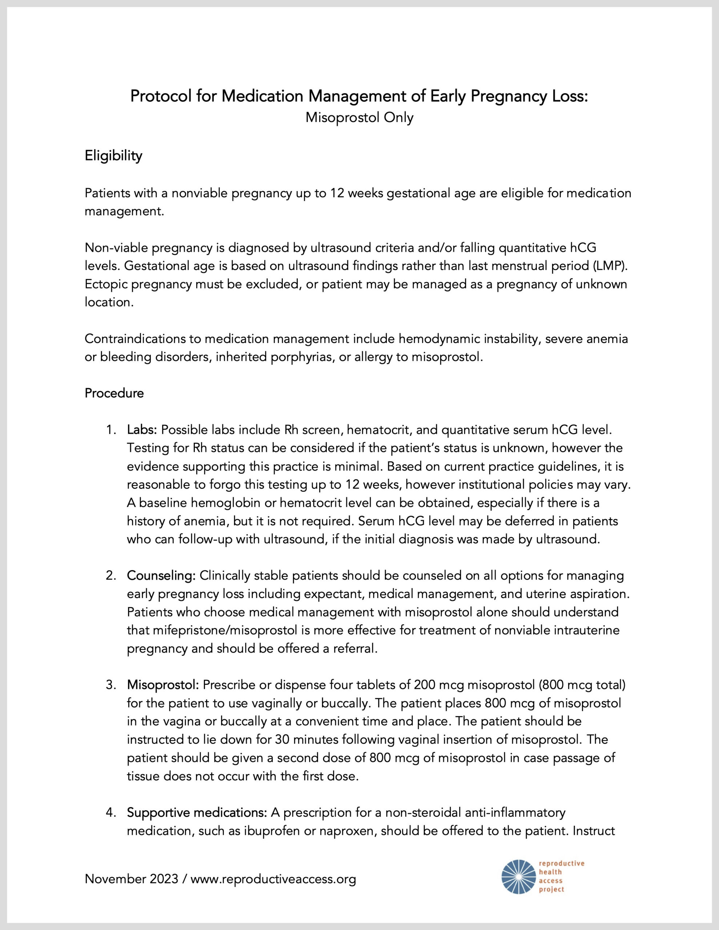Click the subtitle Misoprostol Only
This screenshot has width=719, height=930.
(x=359, y=118)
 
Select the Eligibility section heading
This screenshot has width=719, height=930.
(x=113, y=156)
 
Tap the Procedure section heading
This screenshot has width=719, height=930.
(x=114, y=393)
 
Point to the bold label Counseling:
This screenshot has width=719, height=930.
(x=161, y=576)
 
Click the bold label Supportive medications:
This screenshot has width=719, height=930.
(x=197, y=813)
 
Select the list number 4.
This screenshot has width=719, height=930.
(x=111, y=813)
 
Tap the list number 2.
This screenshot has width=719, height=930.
(x=111, y=576)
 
